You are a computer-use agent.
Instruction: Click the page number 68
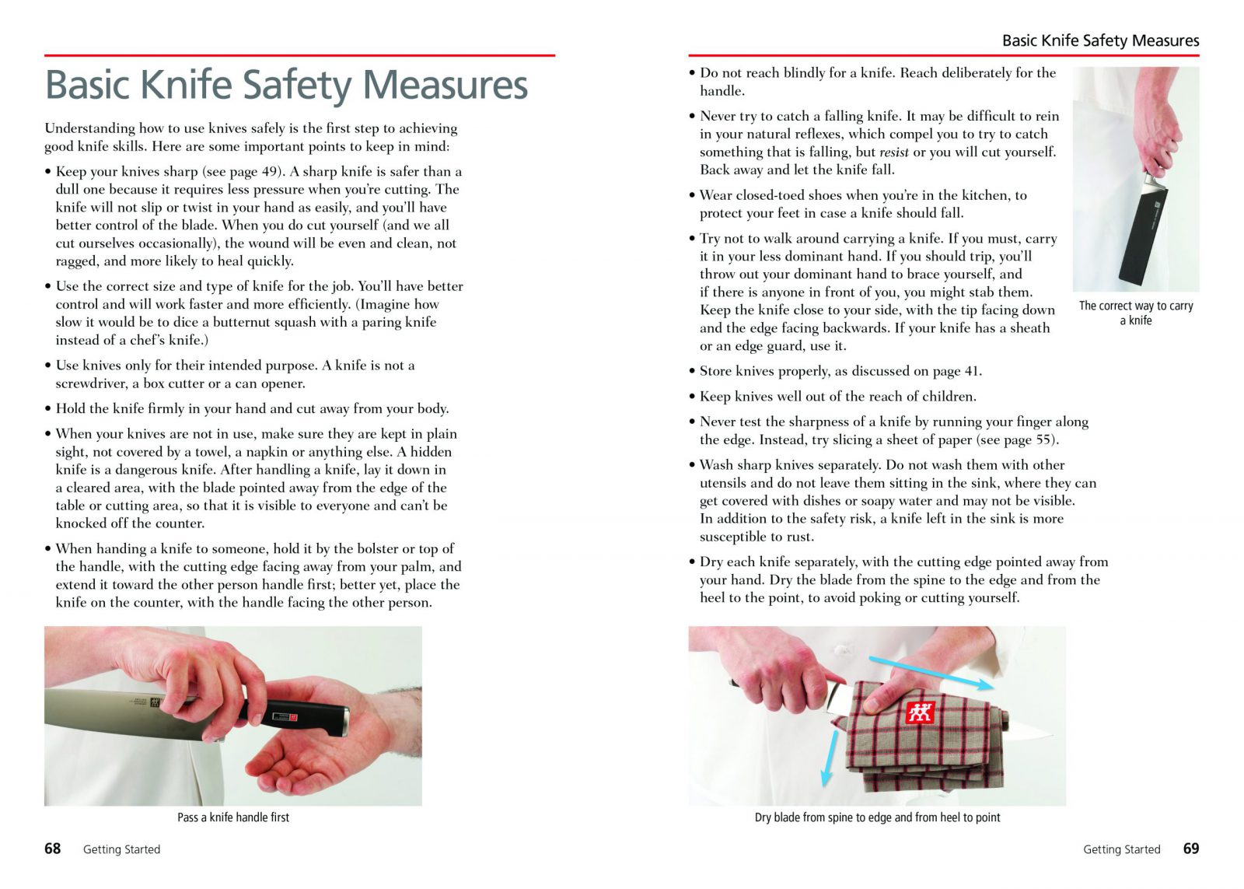(x=52, y=849)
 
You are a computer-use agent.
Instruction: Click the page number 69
(x=1190, y=849)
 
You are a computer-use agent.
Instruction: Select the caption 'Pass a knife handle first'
(x=233, y=817)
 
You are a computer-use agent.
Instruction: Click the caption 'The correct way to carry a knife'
(x=1135, y=313)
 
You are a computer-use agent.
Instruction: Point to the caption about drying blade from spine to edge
(x=877, y=817)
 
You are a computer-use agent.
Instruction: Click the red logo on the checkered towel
(x=920, y=712)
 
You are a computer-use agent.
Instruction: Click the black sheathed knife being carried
(x=1141, y=233)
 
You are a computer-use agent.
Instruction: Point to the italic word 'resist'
(x=893, y=152)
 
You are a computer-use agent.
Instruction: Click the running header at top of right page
(x=1100, y=40)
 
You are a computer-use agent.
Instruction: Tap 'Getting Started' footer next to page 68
(x=121, y=849)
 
